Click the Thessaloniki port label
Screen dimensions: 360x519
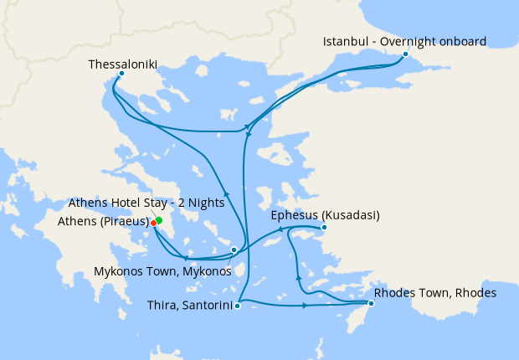coord(122,64)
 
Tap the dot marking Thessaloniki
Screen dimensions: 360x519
coord(121,74)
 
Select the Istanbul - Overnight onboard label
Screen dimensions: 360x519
coord(405,41)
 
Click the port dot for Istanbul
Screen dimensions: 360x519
coord(405,54)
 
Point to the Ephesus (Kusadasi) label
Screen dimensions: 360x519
coord(325,215)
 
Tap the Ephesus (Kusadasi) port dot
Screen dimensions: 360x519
coord(324,227)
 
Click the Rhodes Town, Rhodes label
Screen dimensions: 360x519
coord(435,293)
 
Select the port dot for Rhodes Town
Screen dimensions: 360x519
coord(371,303)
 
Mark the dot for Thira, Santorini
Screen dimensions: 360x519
coord(238,306)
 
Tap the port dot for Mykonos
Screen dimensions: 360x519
coord(234,249)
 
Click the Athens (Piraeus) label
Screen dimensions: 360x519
coord(103,222)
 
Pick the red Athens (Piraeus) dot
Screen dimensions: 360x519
coord(153,223)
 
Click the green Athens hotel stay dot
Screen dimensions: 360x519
coord(158,220)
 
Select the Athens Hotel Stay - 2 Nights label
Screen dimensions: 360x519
coord(146,203)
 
